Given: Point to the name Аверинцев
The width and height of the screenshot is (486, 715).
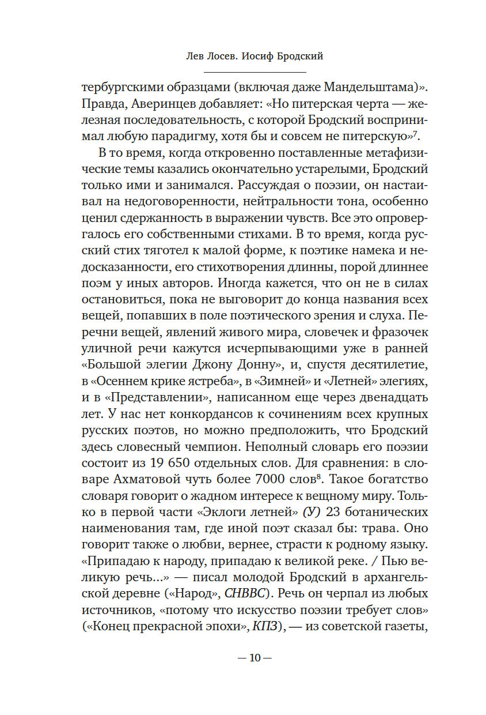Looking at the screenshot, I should click(158, 106).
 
